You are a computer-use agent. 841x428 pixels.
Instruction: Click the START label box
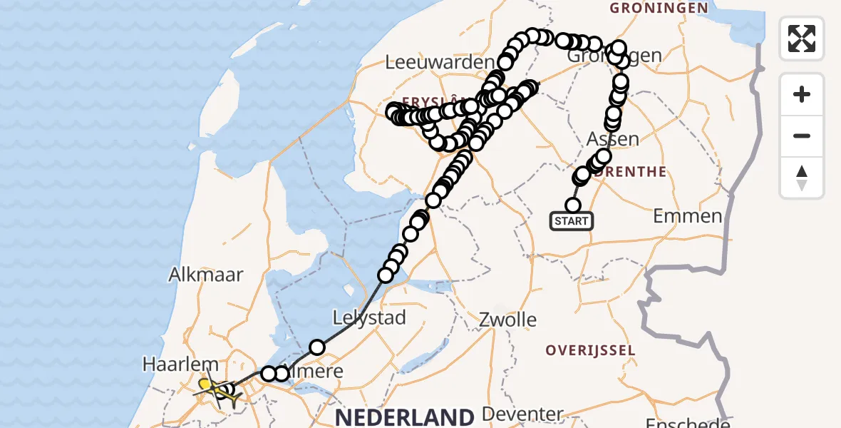[572, 221]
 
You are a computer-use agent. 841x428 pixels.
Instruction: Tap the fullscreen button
[802, 39]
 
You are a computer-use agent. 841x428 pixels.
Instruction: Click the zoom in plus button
[802, 94]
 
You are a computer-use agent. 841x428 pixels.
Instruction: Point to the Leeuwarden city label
[439, 63]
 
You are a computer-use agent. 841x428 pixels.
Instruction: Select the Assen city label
[613, 138]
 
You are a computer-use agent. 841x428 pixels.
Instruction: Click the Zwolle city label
[508, 318]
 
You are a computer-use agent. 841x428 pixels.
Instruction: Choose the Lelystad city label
[369, 317]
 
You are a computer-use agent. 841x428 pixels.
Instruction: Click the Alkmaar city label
[206, 275]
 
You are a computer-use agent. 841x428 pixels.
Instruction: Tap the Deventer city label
[522, 414]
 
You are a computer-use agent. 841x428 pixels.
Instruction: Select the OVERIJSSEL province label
[590, 350]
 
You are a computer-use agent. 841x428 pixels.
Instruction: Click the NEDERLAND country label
[405, 417]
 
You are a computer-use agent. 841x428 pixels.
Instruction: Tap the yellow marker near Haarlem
[205, 384]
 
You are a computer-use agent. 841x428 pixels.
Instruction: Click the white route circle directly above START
[573, 205]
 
